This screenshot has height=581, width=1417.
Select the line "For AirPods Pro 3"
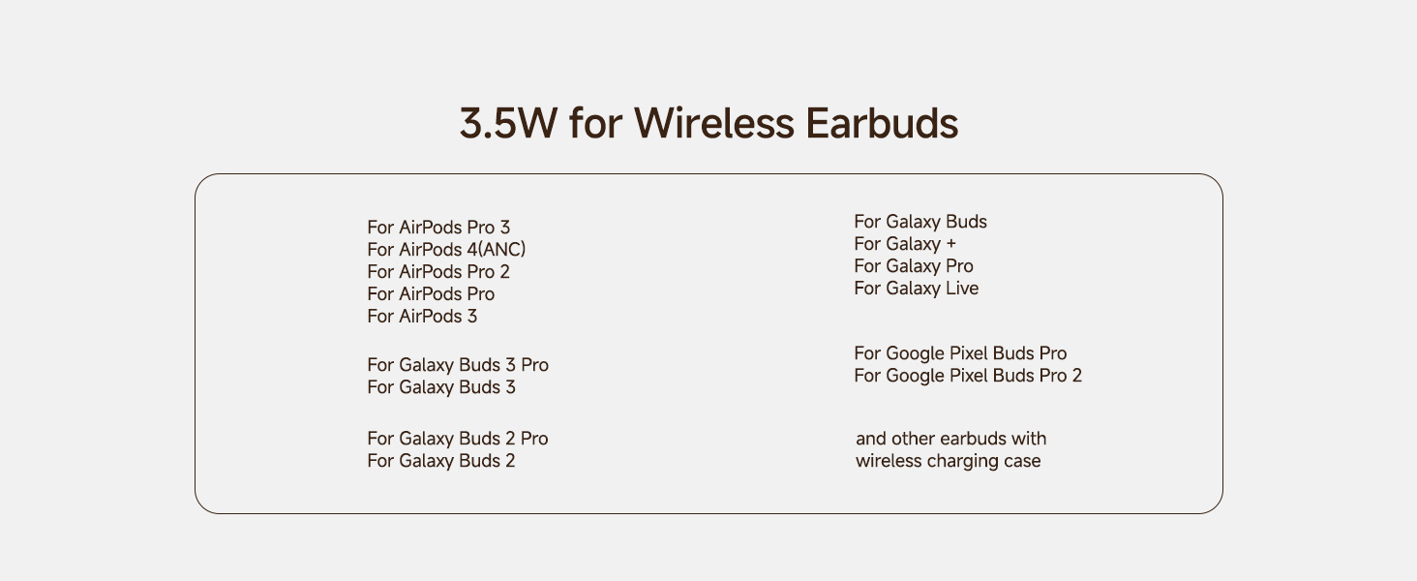pos(438,228)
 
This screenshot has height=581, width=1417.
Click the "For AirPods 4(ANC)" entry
pos(446,250)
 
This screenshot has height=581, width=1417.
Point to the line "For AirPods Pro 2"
pos(438,272)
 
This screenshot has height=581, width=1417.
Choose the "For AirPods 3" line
pos(422,317)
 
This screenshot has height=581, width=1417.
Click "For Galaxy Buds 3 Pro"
pos(458,365)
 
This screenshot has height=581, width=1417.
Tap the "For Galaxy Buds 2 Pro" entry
pos(458,439)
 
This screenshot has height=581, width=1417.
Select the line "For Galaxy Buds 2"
pos(441,461)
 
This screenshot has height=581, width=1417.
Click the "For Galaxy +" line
pos(905,244)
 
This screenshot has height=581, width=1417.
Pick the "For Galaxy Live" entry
pos(916,289)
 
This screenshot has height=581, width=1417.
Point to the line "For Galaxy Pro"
pos(914,266)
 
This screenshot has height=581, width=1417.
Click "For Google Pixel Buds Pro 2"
pos(968,376)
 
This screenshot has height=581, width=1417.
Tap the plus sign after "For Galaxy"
pos(950,244)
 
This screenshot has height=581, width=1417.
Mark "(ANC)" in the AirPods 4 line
pos(501,250)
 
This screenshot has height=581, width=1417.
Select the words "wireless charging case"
pos(948,461)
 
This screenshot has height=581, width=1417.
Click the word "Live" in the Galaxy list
pos(962,289)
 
